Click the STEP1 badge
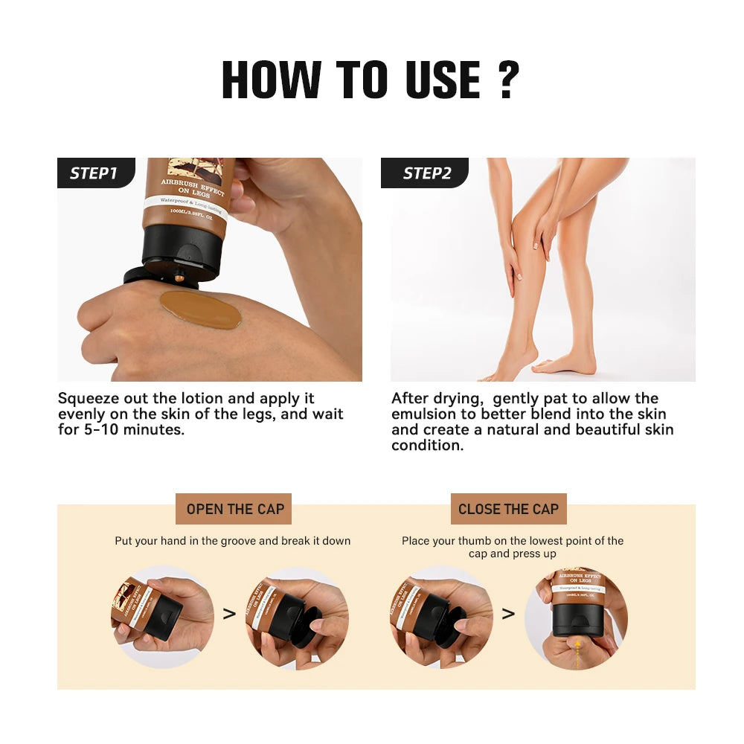(94, 173)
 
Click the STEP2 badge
(427, 173)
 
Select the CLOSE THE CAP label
(508, 509)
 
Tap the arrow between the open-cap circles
(229, 615)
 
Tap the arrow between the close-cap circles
(508, 615)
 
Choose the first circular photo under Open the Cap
(162, 616)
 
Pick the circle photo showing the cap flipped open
(297, 616)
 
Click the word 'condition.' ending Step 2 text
(427, 446)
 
